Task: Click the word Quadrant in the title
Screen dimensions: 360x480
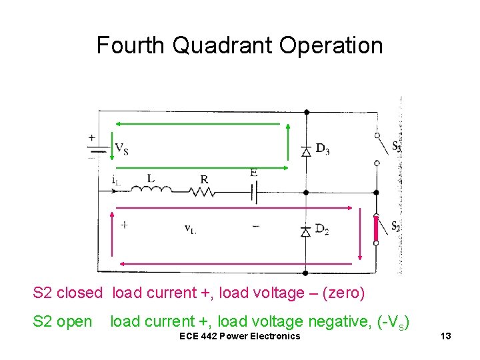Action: pos(223,46)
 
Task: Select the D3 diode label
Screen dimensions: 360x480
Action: pos(323,149)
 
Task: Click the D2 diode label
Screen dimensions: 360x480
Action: pos(323,229)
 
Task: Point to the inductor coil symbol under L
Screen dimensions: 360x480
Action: pos(151,190)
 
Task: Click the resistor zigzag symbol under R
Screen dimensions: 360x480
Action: pos(203,191)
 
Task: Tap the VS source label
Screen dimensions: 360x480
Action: pos(121,148)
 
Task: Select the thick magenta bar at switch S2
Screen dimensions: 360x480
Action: pos(376,229)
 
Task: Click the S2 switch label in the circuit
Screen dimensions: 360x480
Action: pos(395,226)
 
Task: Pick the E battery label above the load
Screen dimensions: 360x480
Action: pos(254,173)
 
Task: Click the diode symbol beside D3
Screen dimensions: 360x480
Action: pos(306,151)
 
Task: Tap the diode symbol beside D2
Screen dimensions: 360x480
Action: pos(306,231)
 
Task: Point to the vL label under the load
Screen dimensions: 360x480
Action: pos(191,229)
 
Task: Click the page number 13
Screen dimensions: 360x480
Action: pos(446,335)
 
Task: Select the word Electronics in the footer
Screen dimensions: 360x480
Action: pos(273,335)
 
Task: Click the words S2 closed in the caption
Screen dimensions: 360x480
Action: pos(68,293)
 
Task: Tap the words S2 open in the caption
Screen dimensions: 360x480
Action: pos(63,321)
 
